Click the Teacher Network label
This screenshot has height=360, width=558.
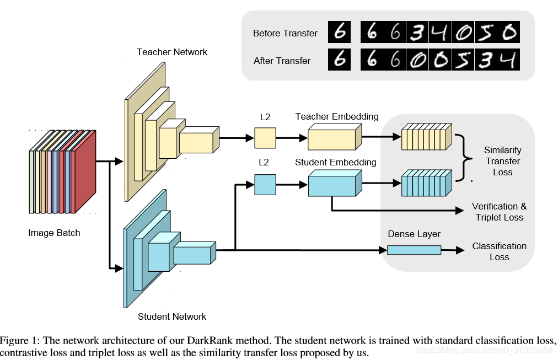point(172,52)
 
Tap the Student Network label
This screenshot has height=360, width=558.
point(172,316)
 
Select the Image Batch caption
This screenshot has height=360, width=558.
point(54,233)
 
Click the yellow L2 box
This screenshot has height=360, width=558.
point(265,138)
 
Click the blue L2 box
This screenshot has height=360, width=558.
point(265,185)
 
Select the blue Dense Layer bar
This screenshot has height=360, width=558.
point(414,250)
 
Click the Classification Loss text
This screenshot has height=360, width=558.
point(499,251)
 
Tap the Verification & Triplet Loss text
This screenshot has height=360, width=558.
point(499,212)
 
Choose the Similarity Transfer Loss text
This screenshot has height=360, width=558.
point(502,161)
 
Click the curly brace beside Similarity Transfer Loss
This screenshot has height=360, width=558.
point(465,158)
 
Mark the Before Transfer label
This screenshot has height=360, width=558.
point(285,33)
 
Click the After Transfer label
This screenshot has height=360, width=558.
point(282,61)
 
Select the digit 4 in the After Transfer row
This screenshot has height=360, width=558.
point(507,60)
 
